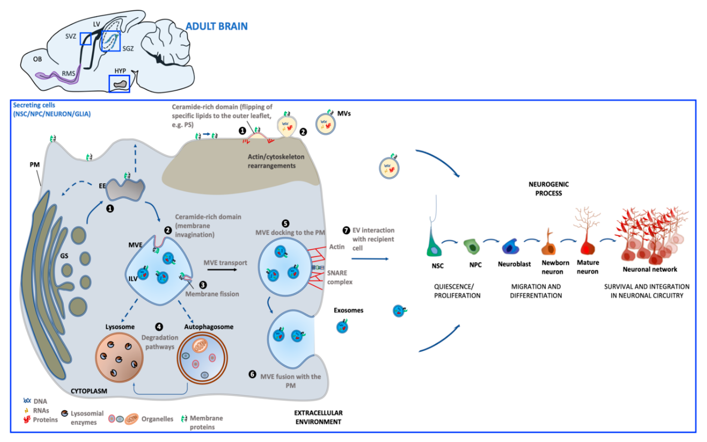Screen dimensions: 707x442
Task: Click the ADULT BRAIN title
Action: [217, 26]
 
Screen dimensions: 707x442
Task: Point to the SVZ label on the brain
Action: [70, 36]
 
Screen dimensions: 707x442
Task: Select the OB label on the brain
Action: [37, 59]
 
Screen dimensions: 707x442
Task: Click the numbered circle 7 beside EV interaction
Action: [346, 230]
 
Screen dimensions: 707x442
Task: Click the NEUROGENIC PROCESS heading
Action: [548, 188]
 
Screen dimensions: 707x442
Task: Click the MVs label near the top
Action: [344, 113]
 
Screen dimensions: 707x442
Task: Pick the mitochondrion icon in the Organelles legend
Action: [131, 419]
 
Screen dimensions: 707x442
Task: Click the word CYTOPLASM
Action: [89, 391]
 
